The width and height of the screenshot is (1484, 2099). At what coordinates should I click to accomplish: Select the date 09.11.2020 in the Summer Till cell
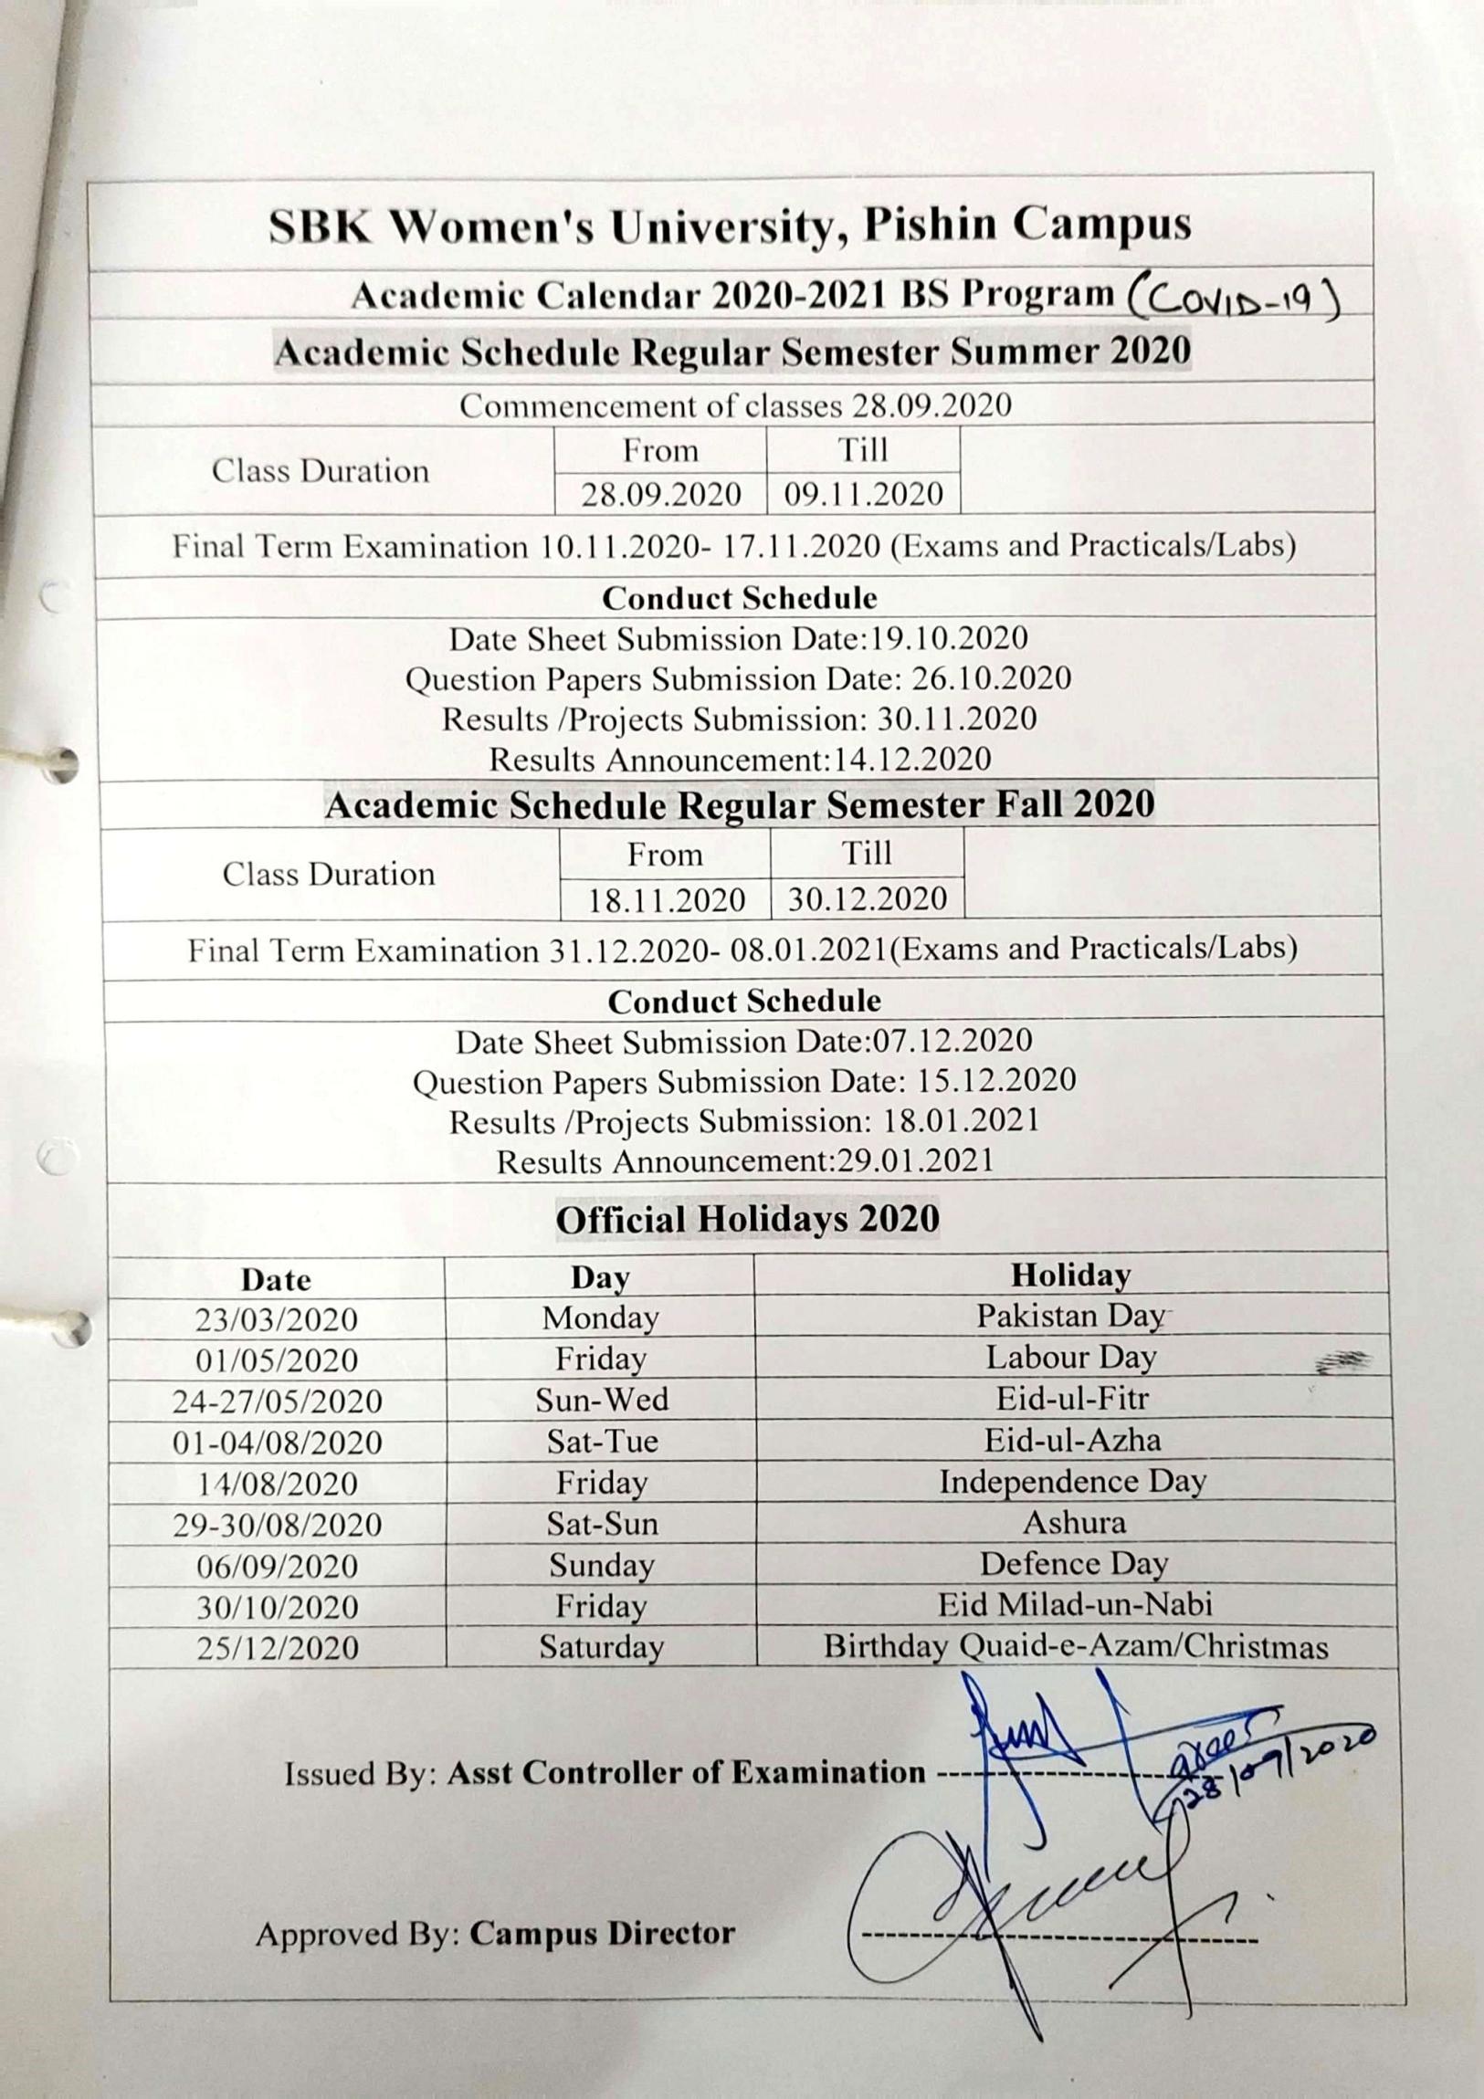point(863,495)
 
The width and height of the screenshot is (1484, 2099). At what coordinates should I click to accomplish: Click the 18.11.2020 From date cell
point(666,899)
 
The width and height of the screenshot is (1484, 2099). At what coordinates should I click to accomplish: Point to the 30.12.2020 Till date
point(867,898)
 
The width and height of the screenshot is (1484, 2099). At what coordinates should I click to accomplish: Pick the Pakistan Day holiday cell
point(1069,1316)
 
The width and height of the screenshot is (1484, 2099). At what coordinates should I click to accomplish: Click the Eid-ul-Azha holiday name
point(1071,1440)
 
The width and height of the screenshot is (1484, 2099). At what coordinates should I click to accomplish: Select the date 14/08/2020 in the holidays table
point(277,1483)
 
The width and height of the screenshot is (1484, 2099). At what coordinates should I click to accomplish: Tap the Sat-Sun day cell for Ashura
point(602,1523)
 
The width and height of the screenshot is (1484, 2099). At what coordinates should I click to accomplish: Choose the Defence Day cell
point(1073,1564)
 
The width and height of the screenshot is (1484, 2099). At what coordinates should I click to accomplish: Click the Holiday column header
point(1069,1275)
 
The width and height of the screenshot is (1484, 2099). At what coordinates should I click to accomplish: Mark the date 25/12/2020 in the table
point(277,1647)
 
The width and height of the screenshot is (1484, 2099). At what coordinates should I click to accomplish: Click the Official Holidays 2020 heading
point(747,1220)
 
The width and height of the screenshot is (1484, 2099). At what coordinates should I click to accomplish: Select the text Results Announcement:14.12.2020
point(740,759)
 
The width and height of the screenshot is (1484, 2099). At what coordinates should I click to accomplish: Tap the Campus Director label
point(602,1934)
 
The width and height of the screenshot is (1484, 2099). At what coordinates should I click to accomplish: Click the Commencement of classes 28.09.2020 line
point(735,405)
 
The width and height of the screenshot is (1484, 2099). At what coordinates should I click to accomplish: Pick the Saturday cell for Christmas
point(601,1646)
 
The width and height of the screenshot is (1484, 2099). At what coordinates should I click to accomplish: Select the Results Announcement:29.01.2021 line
point(744,1161)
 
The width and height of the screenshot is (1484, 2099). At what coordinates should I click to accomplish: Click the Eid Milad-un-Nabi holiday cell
point(1074,1604)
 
